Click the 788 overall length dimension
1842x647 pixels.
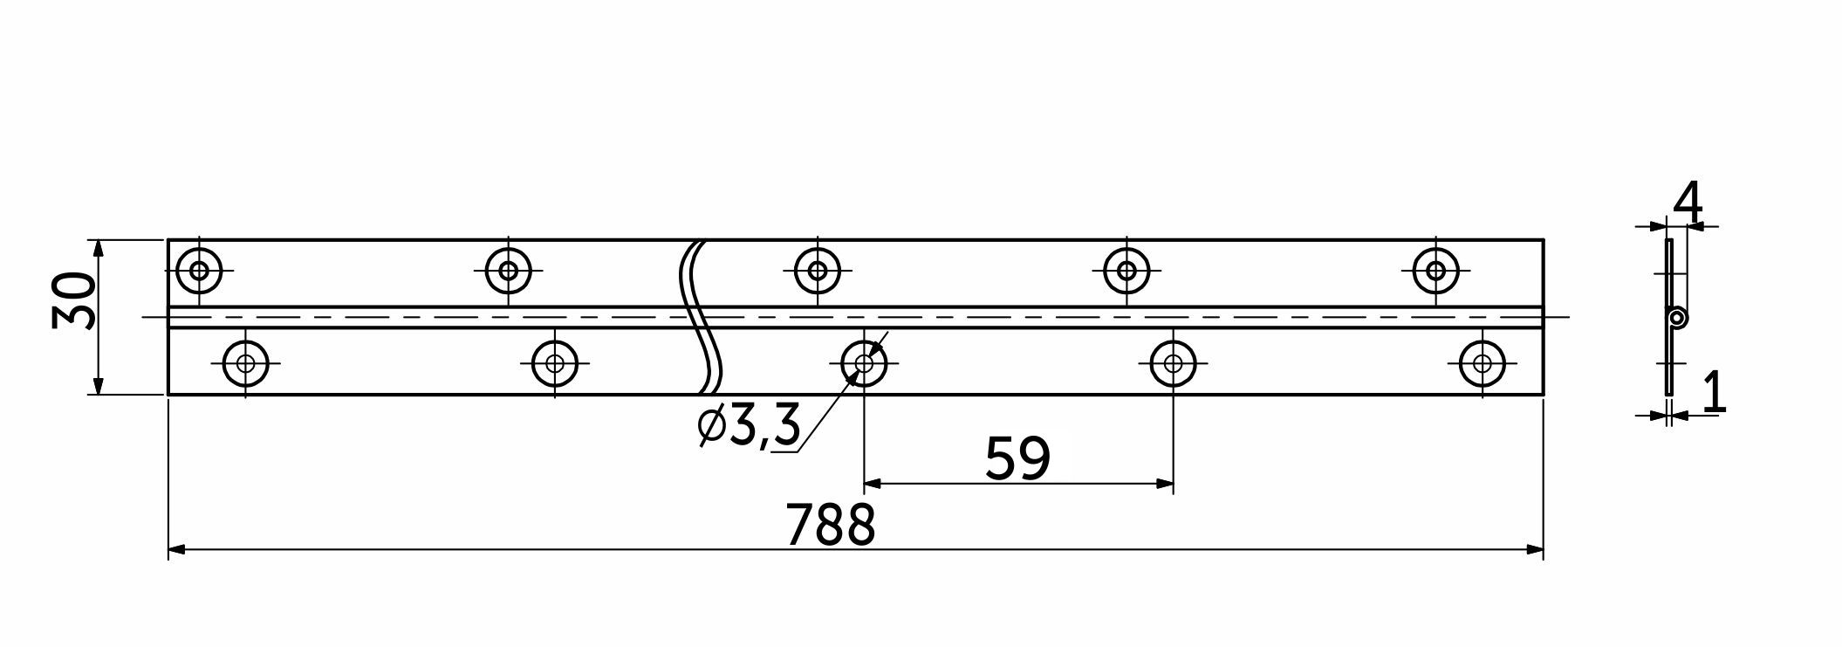(830, 525)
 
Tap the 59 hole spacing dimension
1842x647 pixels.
(1017, 458)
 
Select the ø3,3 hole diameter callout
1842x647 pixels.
(750, 427)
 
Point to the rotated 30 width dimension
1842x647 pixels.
(73, 300)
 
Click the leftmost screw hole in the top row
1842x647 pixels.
(200, 271)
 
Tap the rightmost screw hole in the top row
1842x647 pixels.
(1435, 271)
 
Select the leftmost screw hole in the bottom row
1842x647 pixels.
(246, 363)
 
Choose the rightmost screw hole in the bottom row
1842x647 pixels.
(1482, 363)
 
